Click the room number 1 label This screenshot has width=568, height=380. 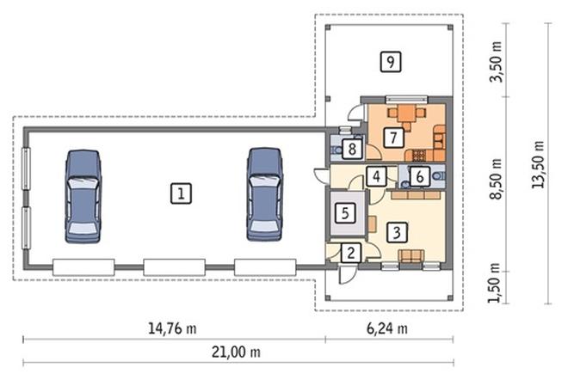[x=181, y=193]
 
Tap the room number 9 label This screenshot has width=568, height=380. [x=391, y=62]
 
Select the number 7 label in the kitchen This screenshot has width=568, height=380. [x=393, y=138]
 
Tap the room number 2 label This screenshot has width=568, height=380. [x=350, y=253]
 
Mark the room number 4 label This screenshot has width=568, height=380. [x=376, y=176]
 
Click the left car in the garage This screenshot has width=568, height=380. [x=83, y=196]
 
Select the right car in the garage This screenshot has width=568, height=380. [x=265, y=194]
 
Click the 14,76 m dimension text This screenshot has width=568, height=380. [x=172, y=328]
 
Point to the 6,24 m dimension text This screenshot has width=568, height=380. [x=387, y=328]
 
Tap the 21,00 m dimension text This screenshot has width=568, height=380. [x=236, y=352]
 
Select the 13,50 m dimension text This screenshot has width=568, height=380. [x=538, y=164]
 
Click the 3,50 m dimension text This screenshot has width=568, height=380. [x=496, y=62]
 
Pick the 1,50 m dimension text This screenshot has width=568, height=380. [x=494, y=283]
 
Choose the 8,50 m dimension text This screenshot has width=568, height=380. [x=495, y=179]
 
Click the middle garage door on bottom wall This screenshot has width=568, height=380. [x=174, y=267]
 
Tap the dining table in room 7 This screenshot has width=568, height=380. [x=406, y=113]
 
